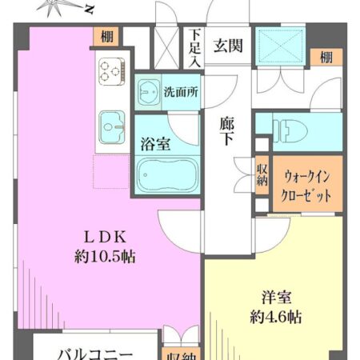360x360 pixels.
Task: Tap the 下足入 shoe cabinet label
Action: click(x=195, y=47)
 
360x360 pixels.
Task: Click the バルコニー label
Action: click(x=94, y=352)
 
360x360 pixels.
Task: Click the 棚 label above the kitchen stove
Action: click(x=106, y=35)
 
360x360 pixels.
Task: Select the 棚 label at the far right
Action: click(x=326, y=57)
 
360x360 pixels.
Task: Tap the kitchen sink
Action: click(x=112, y=125)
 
